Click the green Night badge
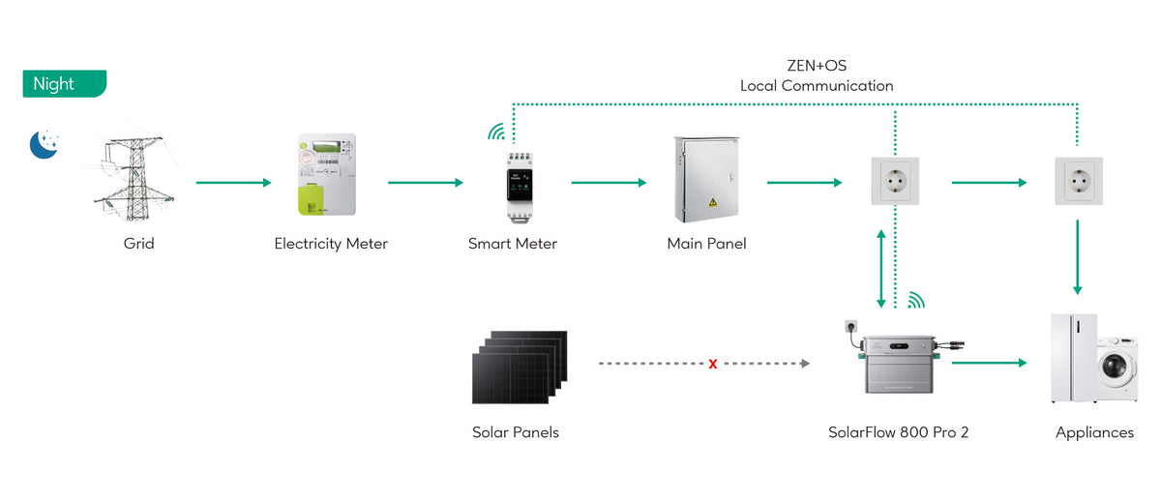65,83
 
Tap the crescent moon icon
43,144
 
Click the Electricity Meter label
331,244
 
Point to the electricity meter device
327,175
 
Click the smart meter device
520,188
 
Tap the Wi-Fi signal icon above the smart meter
496,133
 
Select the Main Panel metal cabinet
706,179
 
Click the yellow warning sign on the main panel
713,202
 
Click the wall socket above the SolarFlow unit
895,181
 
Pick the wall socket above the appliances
1079,181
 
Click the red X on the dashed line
713,365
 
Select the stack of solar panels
520,368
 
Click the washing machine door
1115,367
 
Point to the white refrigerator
1073,358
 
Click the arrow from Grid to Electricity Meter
234,183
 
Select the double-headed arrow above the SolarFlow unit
881,269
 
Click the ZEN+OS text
817,66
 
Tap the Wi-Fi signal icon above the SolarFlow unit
916,301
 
